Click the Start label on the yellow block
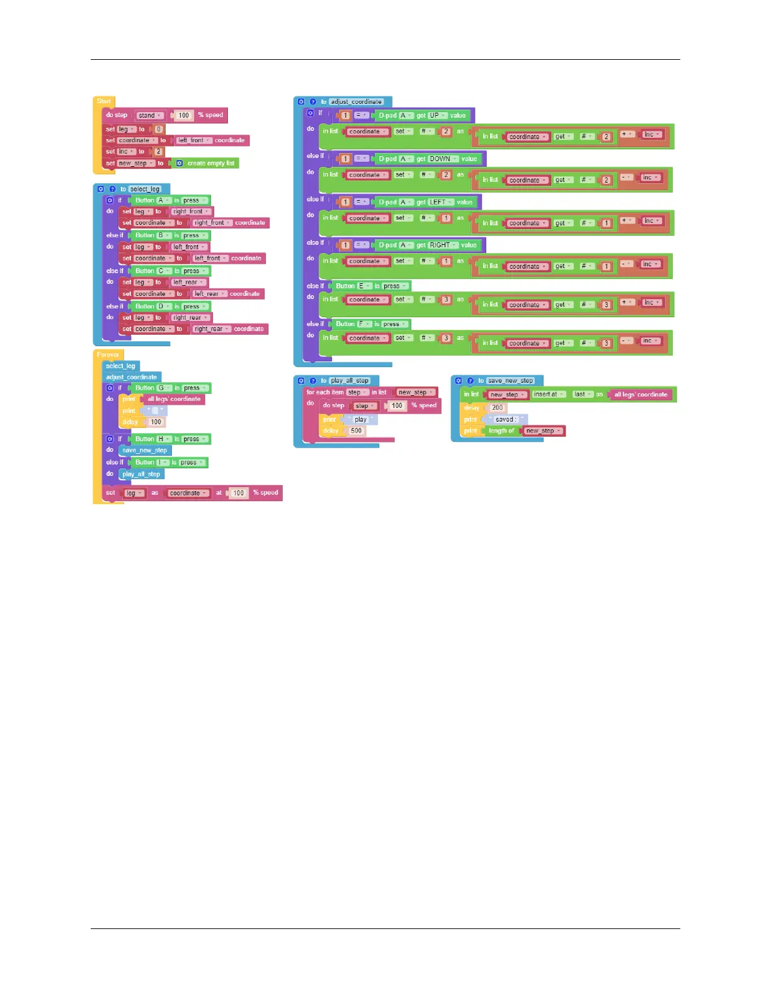tap(104, 101)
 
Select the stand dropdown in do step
tap(150, 115)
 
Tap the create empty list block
tap(207, 163)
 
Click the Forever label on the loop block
tap(108, 355)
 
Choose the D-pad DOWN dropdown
tap(443, 159)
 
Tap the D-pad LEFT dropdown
tap(440, 202)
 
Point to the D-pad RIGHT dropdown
tap(443, 245)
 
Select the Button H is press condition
tap(170, 439)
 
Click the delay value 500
tap(357, 431)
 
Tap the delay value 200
tap(498, 407)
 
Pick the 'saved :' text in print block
tap(505, 419)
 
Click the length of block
tap(501, 431)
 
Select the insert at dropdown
tap(549, 394)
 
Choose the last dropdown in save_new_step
tap(582, 394)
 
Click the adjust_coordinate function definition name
tap(357, 101)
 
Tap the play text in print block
tap(360, 419)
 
